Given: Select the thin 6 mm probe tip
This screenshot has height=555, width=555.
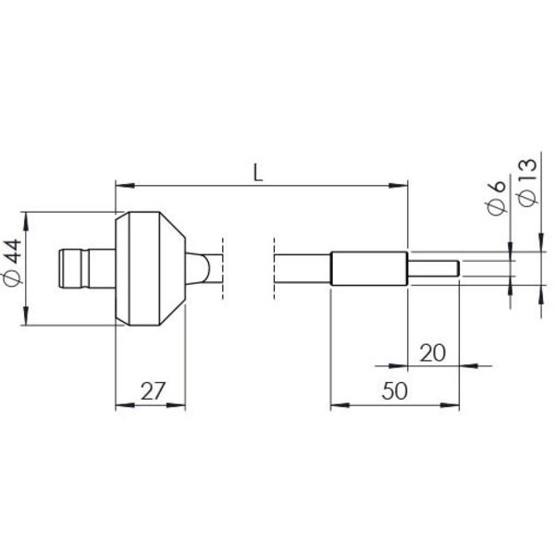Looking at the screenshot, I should [x=434, y=269].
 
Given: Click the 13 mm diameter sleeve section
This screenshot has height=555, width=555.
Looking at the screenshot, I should [x=369, y=269].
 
